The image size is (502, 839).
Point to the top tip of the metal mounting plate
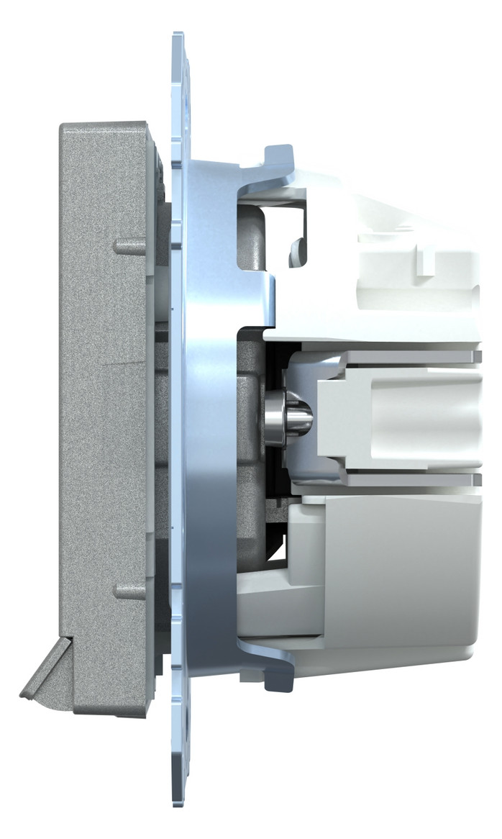(178, 40)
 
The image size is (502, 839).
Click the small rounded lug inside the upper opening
(295, 252)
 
